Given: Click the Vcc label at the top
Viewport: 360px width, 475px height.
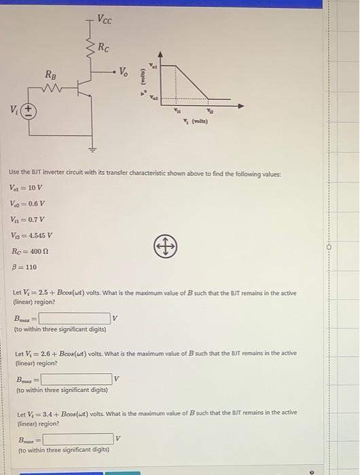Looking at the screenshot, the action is coord(105,19).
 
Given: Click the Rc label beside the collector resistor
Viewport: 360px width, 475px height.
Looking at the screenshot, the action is coord(103,47).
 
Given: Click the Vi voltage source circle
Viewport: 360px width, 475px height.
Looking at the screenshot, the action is coord(29,109).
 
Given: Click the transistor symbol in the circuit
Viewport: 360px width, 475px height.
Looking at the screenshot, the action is coord(84,88).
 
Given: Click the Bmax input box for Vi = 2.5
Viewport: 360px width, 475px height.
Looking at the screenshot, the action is coord(74,318).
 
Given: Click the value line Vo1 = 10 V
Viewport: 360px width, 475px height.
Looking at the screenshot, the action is coord(26,188).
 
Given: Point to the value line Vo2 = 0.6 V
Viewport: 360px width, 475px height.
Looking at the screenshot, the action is coord(27,204).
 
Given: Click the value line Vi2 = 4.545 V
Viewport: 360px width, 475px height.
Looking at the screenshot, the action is coord(31,235).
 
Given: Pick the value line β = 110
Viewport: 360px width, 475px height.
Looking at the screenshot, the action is coord(23,267).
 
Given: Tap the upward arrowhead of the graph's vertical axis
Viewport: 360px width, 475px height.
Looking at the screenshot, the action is coord(161,53).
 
